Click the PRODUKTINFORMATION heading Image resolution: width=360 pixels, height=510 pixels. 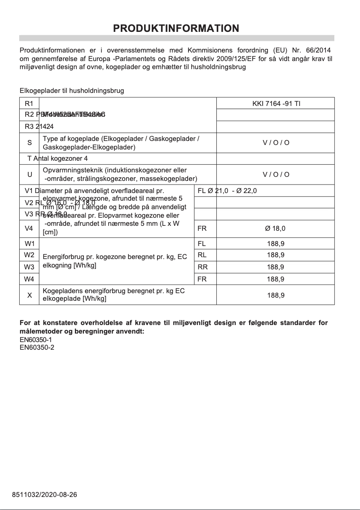click(x=176, y=28)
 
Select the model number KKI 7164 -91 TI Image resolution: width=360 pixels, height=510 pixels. click(x=276, y=103)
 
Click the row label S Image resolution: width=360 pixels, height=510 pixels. click(x=30, y=143)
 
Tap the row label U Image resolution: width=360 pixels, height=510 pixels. click(x=30, y=175)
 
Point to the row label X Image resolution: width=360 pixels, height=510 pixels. click(x=30, y=295)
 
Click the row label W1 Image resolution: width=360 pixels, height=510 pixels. click(x=30, y=244)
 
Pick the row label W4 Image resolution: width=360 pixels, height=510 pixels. click(x=30, y=279)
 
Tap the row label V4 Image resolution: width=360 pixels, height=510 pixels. click(x=30, y=229)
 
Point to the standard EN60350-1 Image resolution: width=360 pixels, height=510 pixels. click(x=37, y=340)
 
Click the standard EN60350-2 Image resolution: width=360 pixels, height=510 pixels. click(x=37, y=347)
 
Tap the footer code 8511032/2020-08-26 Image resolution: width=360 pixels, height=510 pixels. click(x=44, y=495)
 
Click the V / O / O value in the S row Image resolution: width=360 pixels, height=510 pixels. click(x=276, y=143)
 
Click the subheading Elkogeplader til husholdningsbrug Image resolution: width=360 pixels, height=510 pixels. click(x=72, y=91)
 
